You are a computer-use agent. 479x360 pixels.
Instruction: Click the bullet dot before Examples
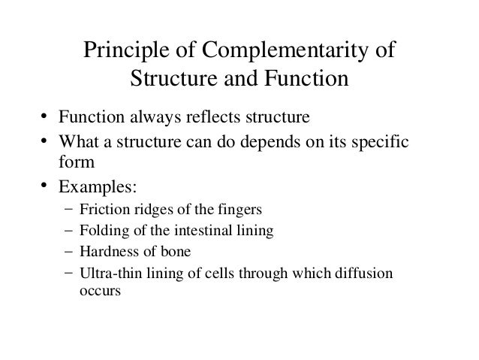[x=45, y=183]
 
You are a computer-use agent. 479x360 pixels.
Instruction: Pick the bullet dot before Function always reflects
[x=45, y=118]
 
